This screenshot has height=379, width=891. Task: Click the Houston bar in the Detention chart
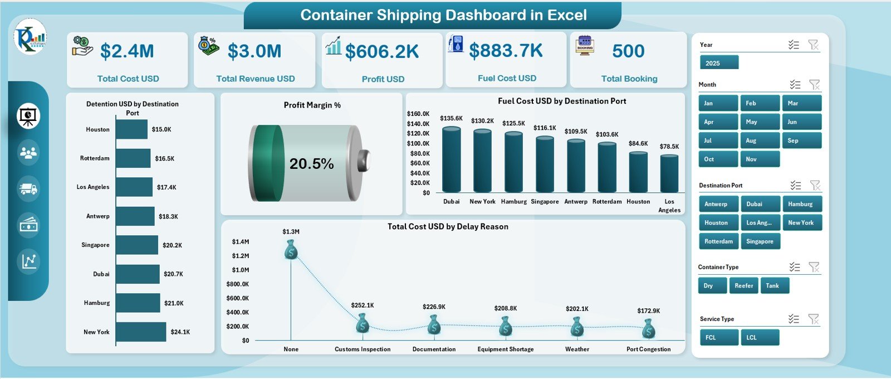131,129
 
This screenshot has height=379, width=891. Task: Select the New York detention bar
141,332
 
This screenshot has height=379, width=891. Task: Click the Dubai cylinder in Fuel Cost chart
451,160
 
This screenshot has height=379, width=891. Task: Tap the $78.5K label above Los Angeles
669,147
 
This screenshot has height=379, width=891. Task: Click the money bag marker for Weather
577,327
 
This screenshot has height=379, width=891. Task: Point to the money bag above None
291,250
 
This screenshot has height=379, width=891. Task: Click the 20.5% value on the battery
311,164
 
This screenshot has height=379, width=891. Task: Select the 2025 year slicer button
719,63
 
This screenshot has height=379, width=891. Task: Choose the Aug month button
760,140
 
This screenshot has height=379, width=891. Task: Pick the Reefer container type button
743,285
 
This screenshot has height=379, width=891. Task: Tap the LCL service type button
760,337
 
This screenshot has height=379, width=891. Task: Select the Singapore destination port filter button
760,241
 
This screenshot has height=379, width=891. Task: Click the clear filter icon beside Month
814,85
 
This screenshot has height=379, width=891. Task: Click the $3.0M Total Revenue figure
254,51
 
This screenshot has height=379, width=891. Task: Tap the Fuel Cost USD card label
507,79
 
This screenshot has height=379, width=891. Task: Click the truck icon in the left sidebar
28,189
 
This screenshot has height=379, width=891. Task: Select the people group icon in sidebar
28,152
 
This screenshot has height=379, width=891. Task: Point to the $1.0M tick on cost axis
241,270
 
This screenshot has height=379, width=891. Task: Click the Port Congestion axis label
648,349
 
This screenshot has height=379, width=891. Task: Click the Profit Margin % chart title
312,105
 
